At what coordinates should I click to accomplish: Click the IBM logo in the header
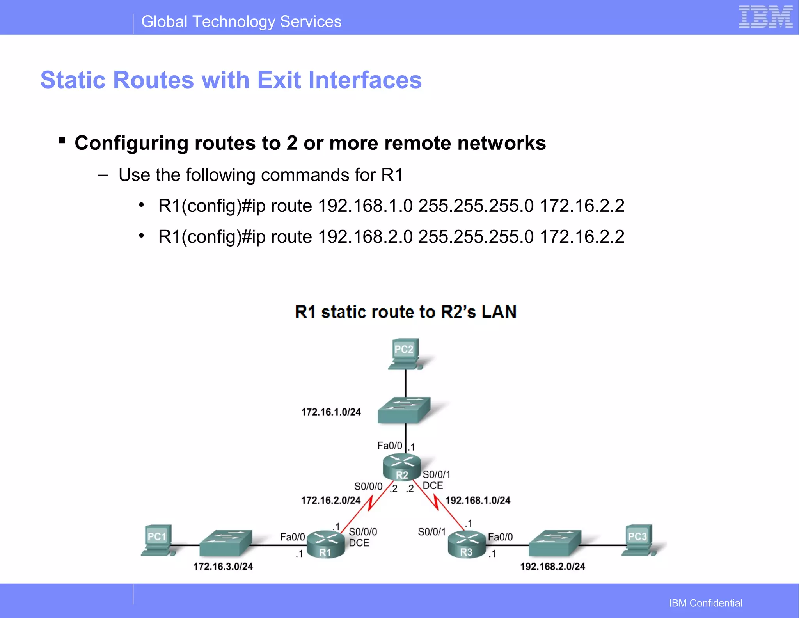(765, 17)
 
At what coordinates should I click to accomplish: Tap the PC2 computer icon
(405, 353)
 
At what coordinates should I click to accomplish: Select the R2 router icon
(402, 467)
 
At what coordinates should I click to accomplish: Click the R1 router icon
(326, 544)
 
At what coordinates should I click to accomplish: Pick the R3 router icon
(466, 544)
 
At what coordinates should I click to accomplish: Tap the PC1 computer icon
(157, 540)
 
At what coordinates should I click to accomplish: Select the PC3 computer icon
(637, 540)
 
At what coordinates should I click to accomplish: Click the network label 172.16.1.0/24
(331, 412)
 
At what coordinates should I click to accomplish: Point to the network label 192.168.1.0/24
(478, 500)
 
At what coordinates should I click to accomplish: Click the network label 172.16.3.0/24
(223, 566)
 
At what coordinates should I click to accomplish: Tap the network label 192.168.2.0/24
(552, 566)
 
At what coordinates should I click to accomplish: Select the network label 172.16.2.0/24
(331, 500)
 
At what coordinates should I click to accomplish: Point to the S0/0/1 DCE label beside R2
(435, 480)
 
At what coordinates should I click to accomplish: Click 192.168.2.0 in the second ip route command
(365, 237)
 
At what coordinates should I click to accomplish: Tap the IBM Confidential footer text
(705, 603)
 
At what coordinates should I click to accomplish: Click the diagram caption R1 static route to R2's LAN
(406, 312)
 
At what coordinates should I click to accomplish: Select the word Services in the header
(311, 21)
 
